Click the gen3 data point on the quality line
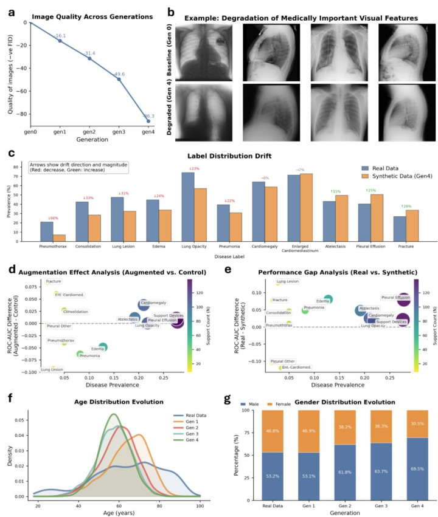tap(119, 79)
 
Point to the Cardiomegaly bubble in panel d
tap(144, 305)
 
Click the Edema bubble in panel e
tap(328, 300)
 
